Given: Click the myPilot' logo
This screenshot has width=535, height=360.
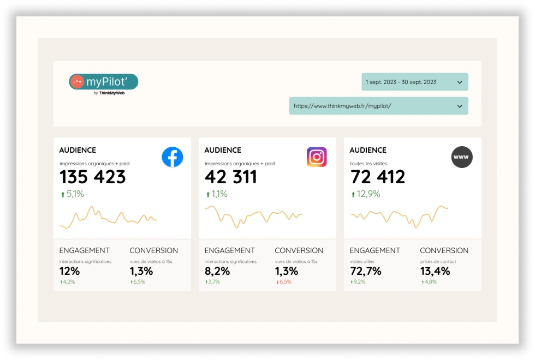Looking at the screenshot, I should point(104,82).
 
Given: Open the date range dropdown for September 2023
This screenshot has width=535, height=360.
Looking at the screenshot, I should point(414,82).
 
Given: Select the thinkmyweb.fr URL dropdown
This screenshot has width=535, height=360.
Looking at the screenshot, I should point(378,106).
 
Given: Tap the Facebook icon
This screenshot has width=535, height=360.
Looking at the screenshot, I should point(173,157).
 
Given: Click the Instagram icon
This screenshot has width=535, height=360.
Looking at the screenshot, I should point(317,157).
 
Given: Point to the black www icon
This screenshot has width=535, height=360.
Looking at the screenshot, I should point(462,157).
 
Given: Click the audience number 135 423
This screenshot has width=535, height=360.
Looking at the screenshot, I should point(92,177).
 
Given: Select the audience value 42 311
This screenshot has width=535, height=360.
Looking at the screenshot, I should point(231,177).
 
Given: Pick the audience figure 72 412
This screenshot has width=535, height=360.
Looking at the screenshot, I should point(377,177).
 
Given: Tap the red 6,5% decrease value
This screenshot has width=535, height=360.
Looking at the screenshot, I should point(284,282).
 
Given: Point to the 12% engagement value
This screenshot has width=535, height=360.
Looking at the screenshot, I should point(69,271).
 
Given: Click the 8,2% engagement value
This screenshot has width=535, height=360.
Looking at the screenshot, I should point(217,271).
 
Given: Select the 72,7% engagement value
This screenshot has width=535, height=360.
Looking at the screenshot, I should point(365,271).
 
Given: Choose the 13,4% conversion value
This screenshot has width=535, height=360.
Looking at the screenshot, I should point(435,271).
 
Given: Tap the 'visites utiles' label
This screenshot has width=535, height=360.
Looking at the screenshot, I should point(363,261).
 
